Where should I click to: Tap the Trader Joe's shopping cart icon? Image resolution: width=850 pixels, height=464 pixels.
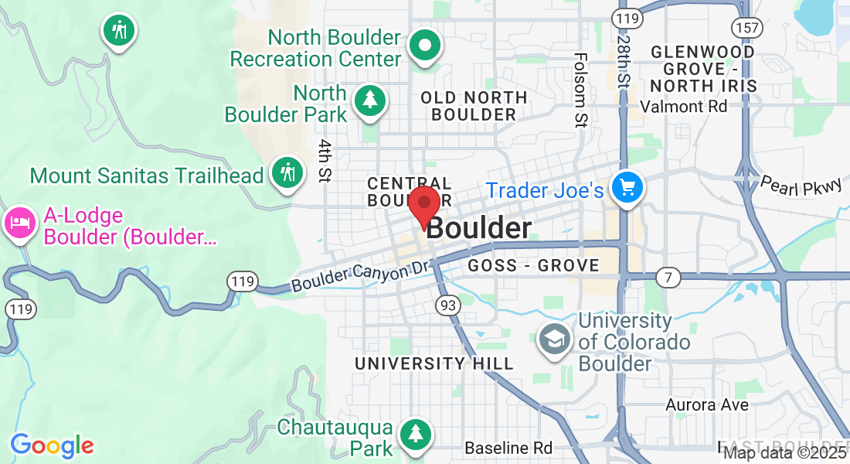(x=626, y=188)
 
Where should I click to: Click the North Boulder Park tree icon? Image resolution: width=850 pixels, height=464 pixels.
(x=370, y=101)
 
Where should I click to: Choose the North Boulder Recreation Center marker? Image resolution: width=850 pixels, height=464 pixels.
(x=423, y=46)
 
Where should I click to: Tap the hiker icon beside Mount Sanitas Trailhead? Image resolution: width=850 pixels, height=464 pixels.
(x=287, y=172)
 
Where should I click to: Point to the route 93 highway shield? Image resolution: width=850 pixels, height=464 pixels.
(x=447, y=305)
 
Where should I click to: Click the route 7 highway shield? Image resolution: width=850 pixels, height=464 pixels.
(x=668, y=277)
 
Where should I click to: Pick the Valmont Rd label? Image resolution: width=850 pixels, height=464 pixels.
(x=684, y=106)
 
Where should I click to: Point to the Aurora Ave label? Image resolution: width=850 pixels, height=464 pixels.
(x=707, y=404)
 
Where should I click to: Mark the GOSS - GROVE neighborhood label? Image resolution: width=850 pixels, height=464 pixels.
(x=534, y=265)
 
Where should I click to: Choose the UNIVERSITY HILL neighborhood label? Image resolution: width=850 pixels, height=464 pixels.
(x=433, y=363)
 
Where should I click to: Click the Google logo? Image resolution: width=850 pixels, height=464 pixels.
(x=52, y=445)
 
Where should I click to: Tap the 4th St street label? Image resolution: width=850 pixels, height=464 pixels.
(x=325, y=161)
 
